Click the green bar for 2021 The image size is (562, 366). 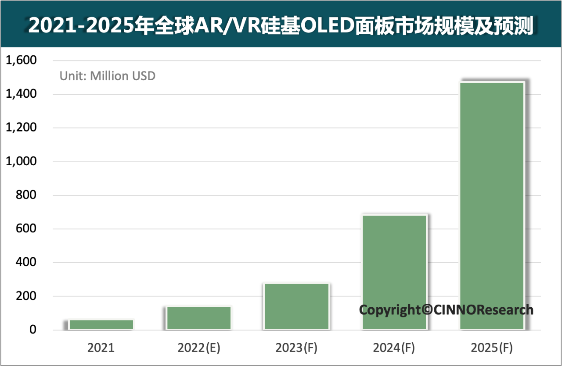click(x=101, y=324)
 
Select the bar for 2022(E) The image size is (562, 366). click(x=199, y=317)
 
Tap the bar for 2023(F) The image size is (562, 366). click(x=297, y=306)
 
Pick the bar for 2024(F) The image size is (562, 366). click(x=394, y=272)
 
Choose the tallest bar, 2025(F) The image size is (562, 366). click(x=492, y=206)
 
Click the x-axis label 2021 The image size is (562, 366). click(x=101, y=348)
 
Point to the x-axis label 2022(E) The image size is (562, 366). click(x=199, y=348)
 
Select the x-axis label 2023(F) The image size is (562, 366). click(x=296, y=348)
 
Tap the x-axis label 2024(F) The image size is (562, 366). click(x=394, y=348)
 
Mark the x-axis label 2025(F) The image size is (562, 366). click(x=491, y=348)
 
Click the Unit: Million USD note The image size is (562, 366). click(x=108, y=76)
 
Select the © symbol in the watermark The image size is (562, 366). click(x=426, y=310)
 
